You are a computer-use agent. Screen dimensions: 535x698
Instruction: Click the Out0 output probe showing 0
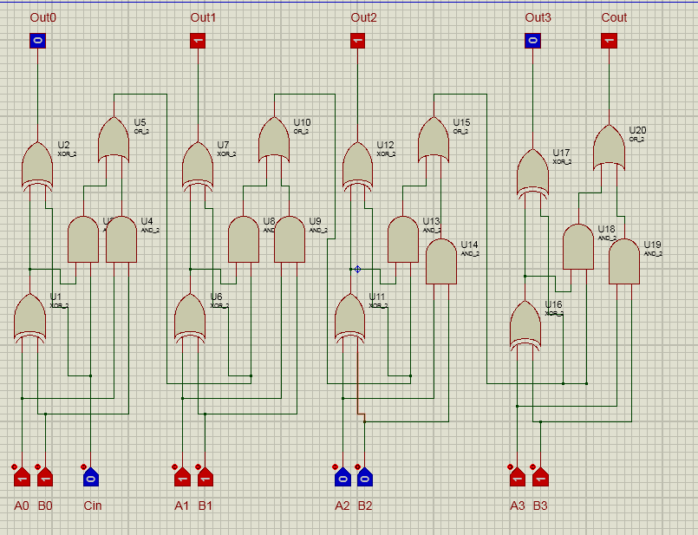coord(36,40)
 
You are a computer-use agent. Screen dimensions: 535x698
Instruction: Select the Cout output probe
coord(609,40)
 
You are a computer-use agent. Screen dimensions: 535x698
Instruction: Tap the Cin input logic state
coord(91,477)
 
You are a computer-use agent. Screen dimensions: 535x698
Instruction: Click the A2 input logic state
coord(342,477)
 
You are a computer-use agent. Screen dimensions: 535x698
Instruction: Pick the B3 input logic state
coord(539,477)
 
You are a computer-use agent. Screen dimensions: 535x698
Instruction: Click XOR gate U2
coord(36,165)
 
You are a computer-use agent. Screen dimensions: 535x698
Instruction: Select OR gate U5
coord(113,140)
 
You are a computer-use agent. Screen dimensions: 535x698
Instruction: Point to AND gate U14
coord(440,262)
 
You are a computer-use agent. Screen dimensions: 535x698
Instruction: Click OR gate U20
coord(609,147)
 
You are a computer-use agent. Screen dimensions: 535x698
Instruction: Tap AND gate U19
coord(623,262)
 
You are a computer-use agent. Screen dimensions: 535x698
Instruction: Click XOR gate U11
coord(349,318)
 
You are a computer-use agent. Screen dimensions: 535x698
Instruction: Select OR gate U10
coord(273,140)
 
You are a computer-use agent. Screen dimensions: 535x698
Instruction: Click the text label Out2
coord(363,17)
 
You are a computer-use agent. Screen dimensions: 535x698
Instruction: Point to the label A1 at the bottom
coord(181,506)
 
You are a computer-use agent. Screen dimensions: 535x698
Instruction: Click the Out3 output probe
coord(532,40)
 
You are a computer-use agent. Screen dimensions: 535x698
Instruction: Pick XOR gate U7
coord(197,165)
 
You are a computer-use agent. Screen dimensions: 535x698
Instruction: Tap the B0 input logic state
coord(45,477)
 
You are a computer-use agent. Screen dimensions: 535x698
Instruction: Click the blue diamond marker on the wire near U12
coord(357,269)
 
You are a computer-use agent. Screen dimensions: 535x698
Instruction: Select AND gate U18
coord(577,246)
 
